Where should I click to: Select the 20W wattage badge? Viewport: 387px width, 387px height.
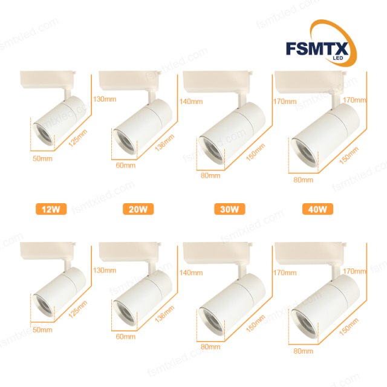click(x=138, y=210)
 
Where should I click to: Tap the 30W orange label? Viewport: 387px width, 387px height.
click(x=229, y=210)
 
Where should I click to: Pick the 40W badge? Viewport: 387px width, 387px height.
click(x=317, y=210)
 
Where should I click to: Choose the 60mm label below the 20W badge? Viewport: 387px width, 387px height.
click(x=126, y=337)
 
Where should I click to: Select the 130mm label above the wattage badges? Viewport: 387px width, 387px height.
click(x=104, y=99)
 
